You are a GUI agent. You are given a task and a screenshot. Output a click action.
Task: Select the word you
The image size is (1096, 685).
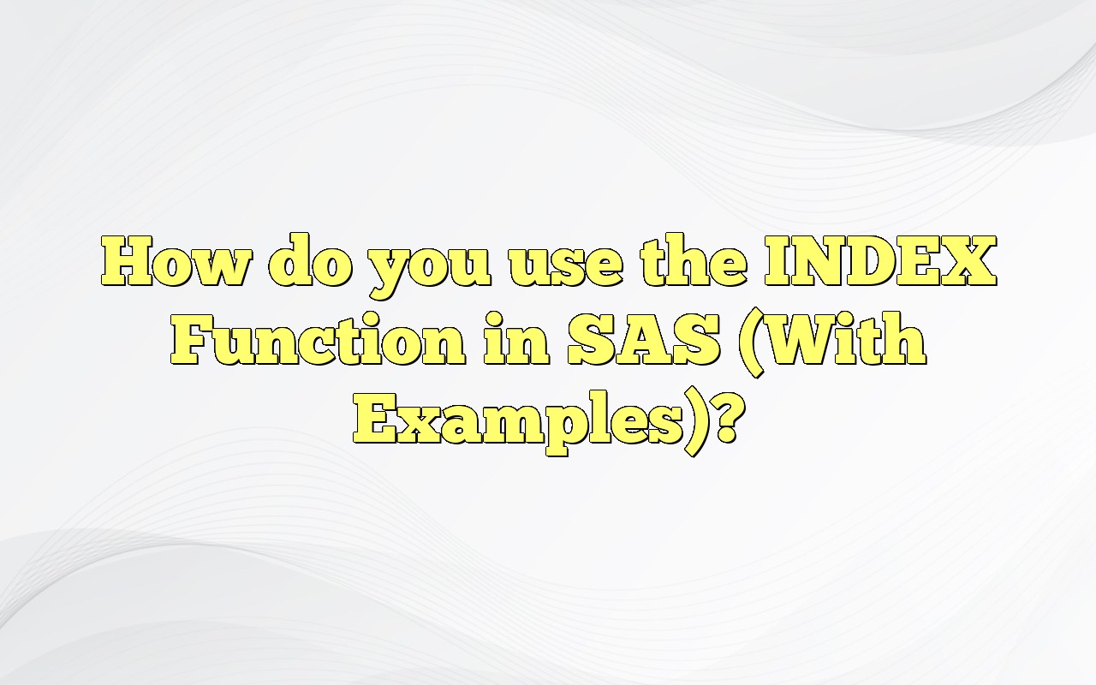click(x=428, y=265)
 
